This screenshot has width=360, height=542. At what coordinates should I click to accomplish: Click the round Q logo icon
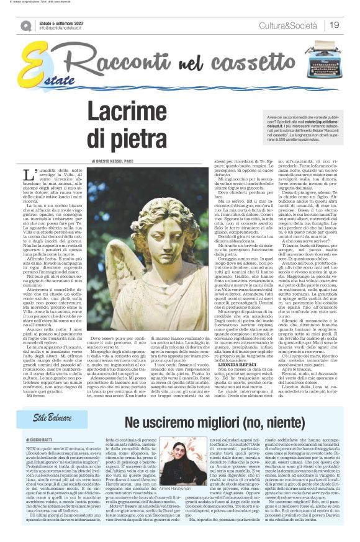click(x=25, y=25)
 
